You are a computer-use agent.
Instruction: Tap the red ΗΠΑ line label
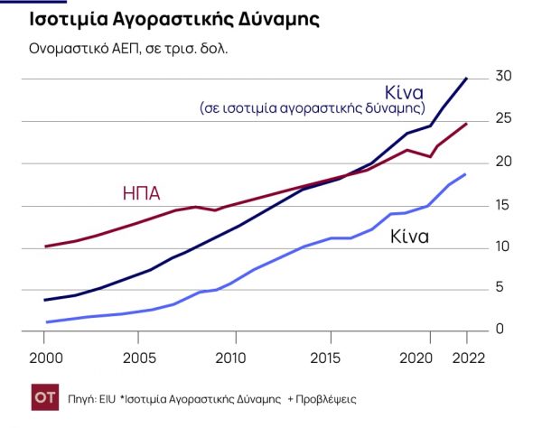(x=141, y=193)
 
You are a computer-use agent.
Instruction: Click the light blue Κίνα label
(x=409, y=238)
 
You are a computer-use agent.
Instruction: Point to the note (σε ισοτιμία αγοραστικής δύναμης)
(x=312, y=107)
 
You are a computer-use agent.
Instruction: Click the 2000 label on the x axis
(x=44, y=357)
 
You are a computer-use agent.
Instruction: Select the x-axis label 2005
(x=138, y=357)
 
